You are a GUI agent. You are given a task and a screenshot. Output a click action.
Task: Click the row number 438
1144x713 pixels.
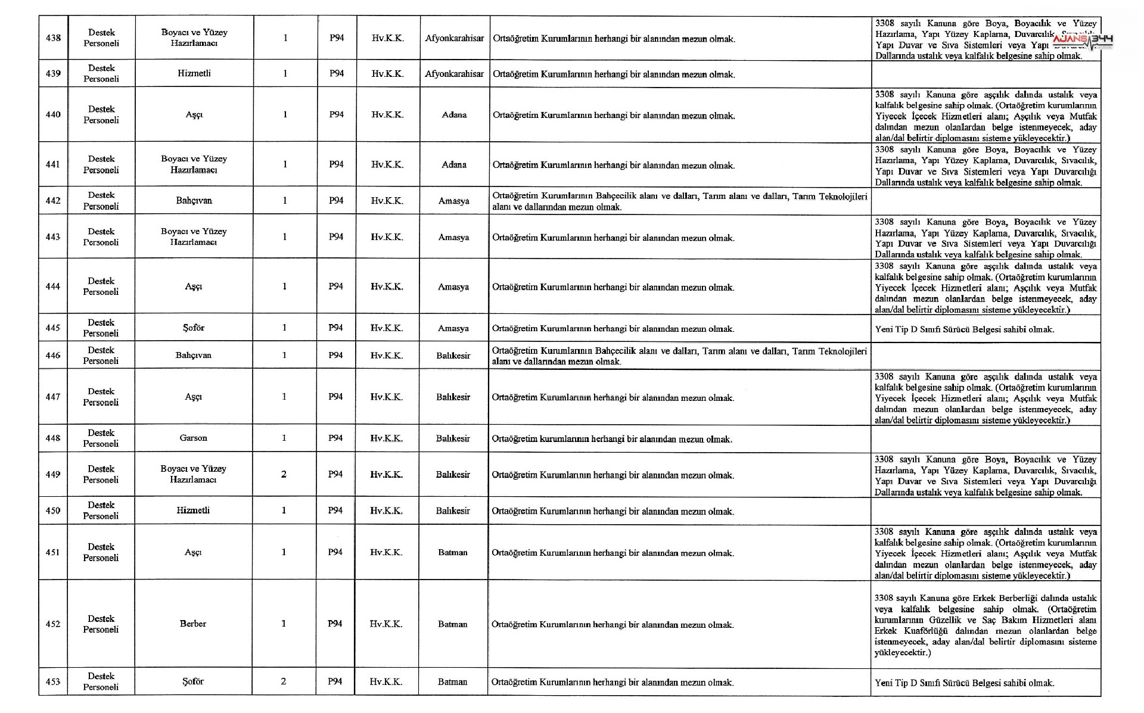(x=53, y=38)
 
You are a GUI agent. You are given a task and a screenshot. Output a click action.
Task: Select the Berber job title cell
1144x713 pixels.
(x=193, y=624)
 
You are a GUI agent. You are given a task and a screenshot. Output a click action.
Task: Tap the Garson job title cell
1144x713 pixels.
(x=193, y=438)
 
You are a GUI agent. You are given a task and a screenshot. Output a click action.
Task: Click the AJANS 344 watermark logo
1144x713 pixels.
(x=1083, y=40)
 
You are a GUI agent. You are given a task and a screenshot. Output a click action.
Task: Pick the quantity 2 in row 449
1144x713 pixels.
(x=284, y=474)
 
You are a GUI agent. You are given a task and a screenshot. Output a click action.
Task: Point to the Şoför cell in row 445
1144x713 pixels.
(x=194, y=328)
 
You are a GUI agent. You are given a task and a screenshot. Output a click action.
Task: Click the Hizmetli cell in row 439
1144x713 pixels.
(x=194, y=73)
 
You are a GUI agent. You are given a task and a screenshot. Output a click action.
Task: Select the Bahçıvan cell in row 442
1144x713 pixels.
(x=194, y=201)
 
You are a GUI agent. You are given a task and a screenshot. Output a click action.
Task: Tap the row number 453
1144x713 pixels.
(x=53, y=681)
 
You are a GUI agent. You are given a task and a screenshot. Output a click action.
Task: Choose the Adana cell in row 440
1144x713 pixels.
(x=454, y=114)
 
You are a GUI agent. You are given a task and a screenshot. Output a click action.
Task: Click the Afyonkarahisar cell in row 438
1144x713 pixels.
(x=454, y=38)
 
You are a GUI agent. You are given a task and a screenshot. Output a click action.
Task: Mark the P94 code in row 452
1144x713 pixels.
(x=335, y=624)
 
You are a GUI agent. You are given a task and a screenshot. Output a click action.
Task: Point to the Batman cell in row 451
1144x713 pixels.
(x=453, y=552)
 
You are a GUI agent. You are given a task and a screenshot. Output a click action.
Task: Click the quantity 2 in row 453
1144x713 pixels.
(x=283, y=681)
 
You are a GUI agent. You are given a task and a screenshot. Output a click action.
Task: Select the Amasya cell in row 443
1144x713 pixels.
(x=453, y=237)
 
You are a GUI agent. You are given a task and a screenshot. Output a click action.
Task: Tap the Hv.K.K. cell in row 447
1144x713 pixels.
(x=387, y=397)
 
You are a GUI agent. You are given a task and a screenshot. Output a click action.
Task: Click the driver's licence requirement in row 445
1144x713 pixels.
(x=964, y=329)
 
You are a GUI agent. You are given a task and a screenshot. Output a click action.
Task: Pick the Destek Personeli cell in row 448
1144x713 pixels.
(x=101, y=438)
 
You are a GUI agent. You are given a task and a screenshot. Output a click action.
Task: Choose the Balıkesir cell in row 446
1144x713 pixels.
(x=453, y=356)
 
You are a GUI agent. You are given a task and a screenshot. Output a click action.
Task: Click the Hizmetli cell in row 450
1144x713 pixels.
(x=193, y=510)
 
